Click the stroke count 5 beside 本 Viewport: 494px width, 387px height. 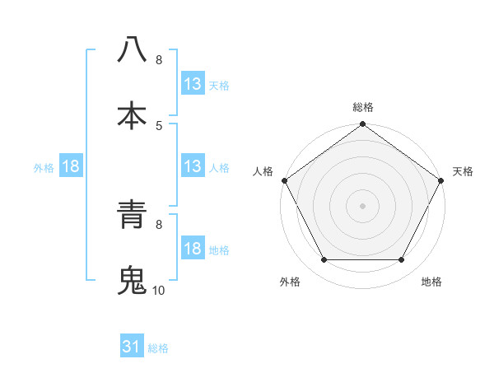point(159,125)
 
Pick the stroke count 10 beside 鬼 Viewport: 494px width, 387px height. point(158,290)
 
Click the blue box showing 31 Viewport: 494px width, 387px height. point(132,347)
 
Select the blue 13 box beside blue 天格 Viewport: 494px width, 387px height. point(193,83)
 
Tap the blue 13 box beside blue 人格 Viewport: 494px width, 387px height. point(193,166)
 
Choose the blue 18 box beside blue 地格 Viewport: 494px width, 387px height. point(193,249)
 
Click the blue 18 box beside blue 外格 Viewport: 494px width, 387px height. point(71,166)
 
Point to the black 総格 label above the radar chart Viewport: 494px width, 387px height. point(363,107)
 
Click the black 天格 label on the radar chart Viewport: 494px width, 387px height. point(464,171)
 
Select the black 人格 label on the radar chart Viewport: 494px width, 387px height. point(263,171)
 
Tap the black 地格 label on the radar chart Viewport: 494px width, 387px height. point(431,282)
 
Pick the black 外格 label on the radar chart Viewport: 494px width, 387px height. point(289,282)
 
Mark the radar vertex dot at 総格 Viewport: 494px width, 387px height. point(363,125)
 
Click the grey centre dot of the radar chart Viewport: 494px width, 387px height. point(363,205)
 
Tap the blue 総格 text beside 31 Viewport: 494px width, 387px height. point(158,348)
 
